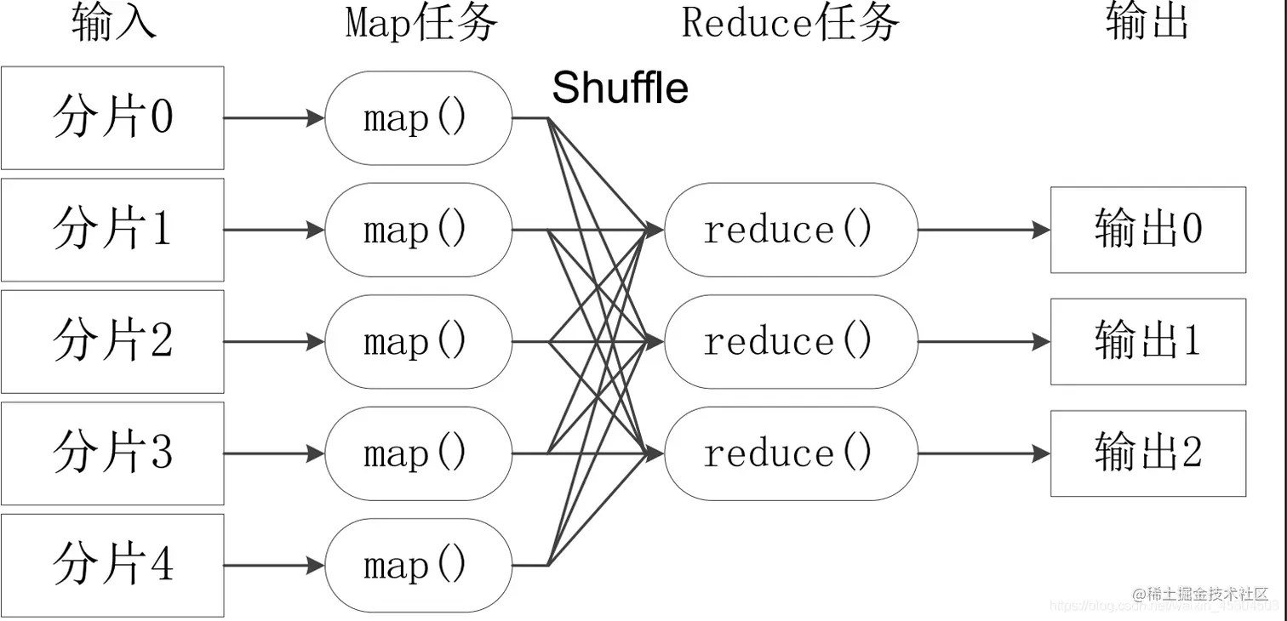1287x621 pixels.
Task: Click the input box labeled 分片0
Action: click(112, 117)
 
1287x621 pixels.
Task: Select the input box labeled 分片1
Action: click(112, 230)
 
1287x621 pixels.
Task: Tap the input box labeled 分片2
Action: click(112, 342)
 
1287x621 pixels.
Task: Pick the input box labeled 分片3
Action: click(112, 453)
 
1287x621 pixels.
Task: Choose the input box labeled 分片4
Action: click(112, 565)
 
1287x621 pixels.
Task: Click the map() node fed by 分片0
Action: click(418, 117)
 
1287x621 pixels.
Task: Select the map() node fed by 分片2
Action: click(418, 342)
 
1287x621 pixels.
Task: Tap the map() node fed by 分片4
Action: click(418, 566)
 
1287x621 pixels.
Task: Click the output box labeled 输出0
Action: click(1148, 230)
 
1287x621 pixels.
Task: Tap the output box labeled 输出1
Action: click(1148, 342)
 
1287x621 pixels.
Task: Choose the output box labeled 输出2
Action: click(1148, 453)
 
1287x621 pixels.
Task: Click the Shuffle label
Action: click(620, 88)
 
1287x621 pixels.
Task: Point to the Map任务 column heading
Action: click(421, 23)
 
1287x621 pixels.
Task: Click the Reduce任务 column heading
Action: click(790, 23)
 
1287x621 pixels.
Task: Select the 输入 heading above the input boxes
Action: click(114, 23)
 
